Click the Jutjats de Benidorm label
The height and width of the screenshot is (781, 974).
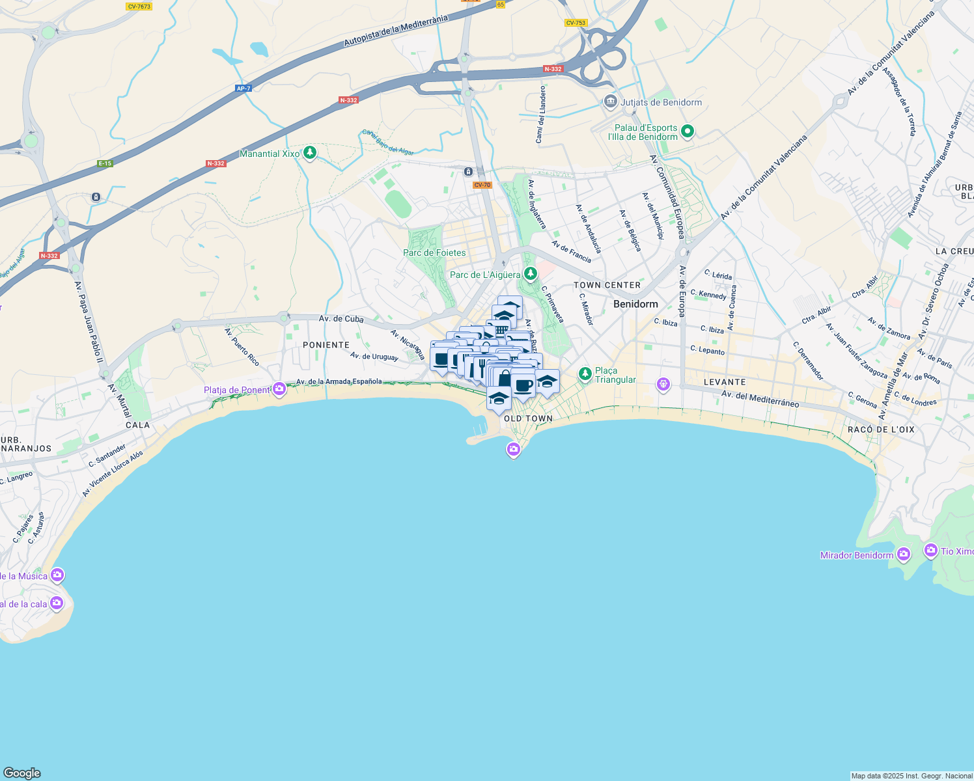661,102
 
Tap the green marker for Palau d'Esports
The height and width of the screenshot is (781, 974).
687,132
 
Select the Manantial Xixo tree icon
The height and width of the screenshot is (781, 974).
311,153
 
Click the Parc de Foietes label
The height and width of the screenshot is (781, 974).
434,253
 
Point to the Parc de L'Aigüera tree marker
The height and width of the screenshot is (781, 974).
531,273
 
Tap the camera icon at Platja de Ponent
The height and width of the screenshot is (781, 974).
279,389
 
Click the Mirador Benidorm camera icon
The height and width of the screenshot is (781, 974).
903,555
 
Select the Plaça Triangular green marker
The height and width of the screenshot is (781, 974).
585,374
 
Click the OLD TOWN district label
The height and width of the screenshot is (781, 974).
528,418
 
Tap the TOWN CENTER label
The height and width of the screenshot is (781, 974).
607,285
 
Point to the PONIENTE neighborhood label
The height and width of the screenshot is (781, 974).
326,345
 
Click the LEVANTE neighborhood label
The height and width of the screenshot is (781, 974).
725,382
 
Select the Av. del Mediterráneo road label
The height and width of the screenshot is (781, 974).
760,398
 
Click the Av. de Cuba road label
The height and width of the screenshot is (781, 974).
341,319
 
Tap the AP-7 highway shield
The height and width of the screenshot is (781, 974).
244,89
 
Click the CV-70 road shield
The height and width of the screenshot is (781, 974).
482,185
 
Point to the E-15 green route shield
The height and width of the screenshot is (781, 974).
105,163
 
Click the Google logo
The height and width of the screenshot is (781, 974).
22,773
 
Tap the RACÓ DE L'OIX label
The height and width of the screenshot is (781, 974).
881,430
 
